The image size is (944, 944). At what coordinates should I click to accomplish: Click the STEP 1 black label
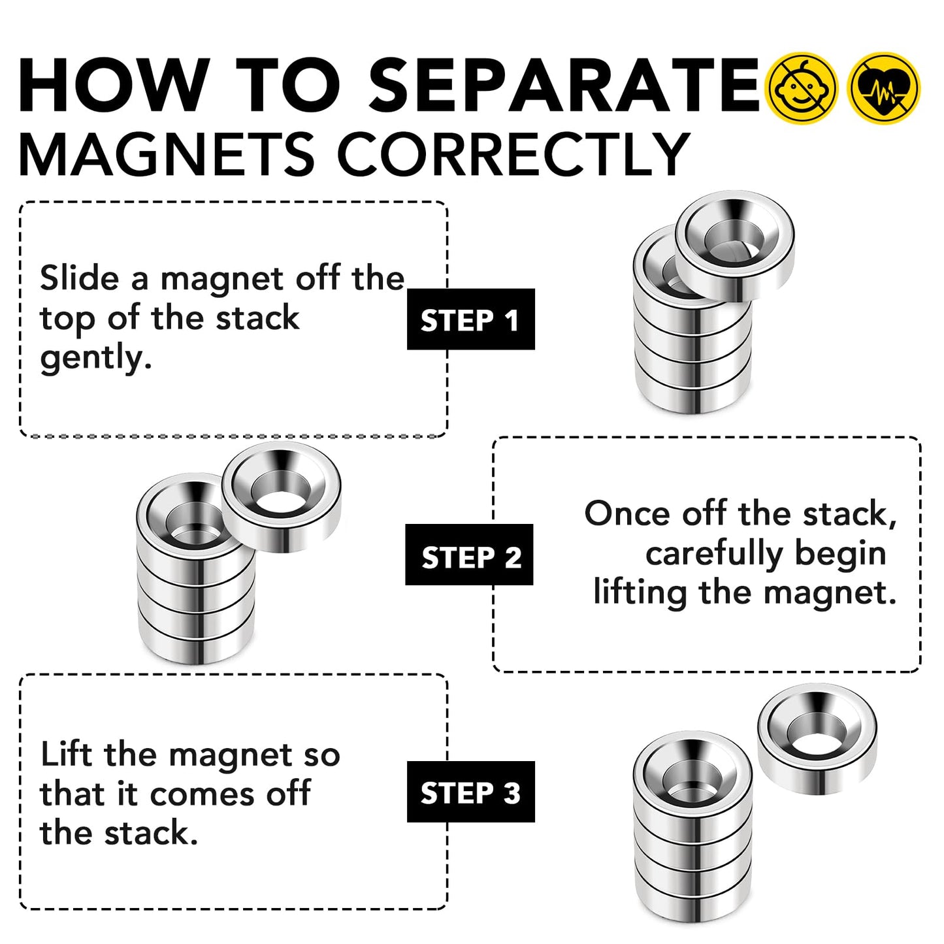pyautogui.click(x=470, y=319)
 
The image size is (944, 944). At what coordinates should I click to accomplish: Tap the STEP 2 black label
pyautogui.click(x=470, y=555)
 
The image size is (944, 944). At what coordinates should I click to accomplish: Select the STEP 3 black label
pyautogui.click(x=470, y=792)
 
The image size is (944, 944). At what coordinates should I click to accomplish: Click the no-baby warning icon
pyautogui.click(x=801, y=88)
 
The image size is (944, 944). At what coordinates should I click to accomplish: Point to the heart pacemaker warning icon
pyautogui.click(x=883, y=88)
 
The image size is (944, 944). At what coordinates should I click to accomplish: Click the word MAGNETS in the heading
pyautogui.click(x=167, y=155)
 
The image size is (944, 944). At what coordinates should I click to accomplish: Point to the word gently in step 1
pyautogui.click(x=95, y=359)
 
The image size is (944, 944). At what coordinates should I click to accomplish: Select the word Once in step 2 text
pyautogui.click(x=627, y=514)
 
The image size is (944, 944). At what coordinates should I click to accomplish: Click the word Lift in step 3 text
pyautogui.click(x=67, y=755)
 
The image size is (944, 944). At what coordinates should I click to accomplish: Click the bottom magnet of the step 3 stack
pyautogui.click(x=692, y=902)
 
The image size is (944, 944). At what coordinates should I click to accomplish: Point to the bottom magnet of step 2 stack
pyautogui.click(x=196, y=643)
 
